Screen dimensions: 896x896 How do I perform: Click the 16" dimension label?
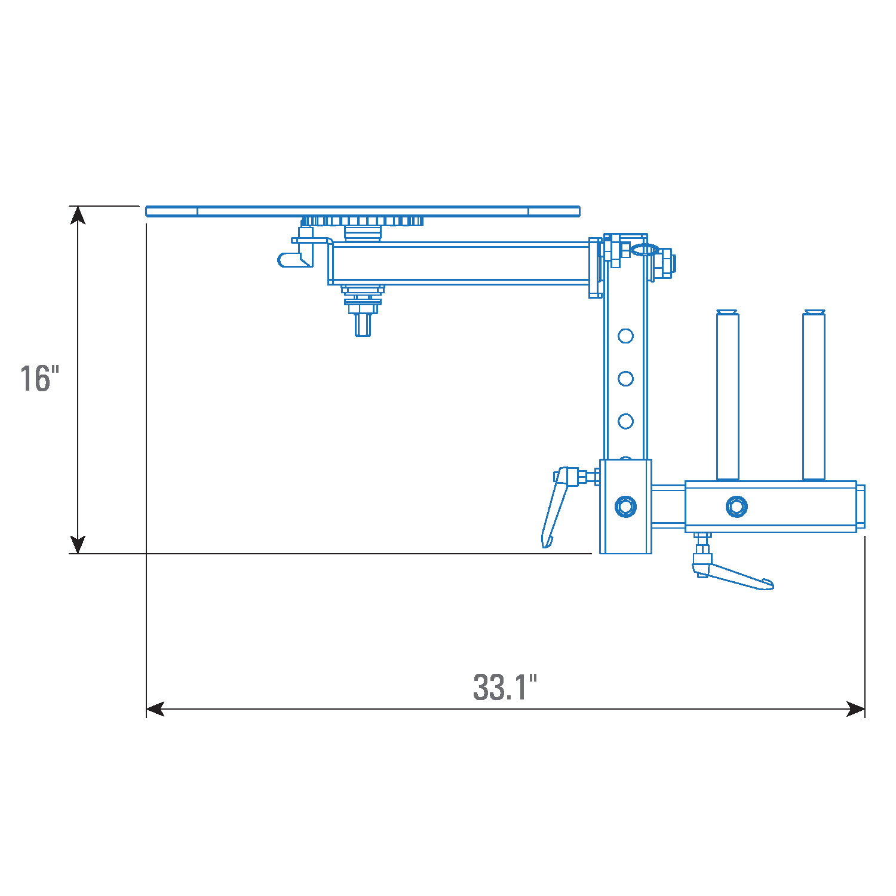[39, 378]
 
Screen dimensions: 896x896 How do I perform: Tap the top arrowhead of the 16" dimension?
[78, 215]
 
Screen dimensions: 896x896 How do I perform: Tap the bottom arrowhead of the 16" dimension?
[78, 544]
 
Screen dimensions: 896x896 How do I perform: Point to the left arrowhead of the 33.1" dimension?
[155, 709]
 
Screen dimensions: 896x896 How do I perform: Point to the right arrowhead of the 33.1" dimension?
[855, 709]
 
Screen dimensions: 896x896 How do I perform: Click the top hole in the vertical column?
[625, 336]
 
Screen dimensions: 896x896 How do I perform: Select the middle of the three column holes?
[625, 378]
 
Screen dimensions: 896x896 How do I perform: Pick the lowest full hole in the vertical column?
[625, 421]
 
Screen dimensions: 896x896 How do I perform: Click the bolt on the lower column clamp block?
[625, 507]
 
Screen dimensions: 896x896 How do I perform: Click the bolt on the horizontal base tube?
[736, 507]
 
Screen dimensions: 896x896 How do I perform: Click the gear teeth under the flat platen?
[363, 222]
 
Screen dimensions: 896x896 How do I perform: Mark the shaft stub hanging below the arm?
[362, 324]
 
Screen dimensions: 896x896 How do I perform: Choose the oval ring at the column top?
[645, 249]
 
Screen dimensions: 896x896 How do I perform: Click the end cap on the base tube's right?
[860, 507]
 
